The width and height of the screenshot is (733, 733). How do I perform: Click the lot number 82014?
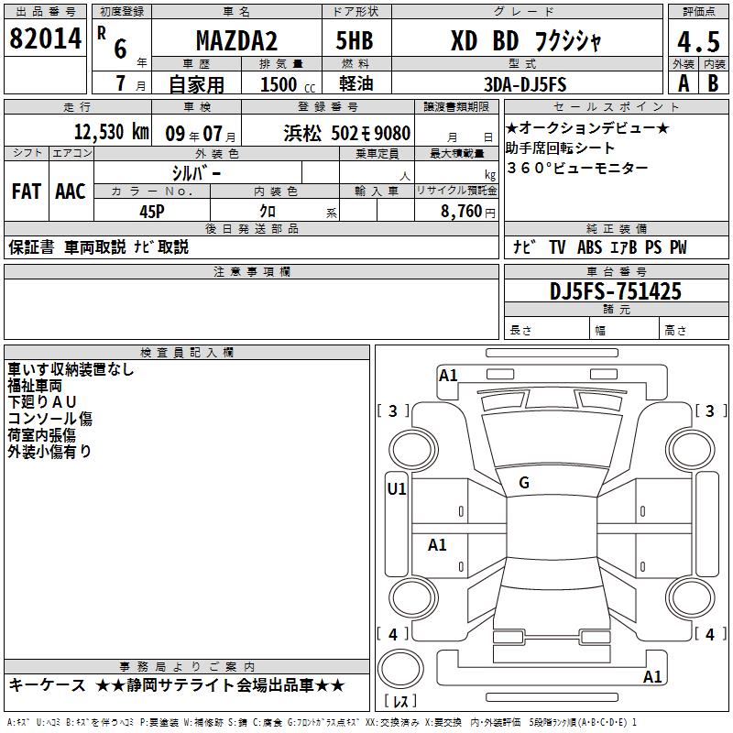[x=45, y=38]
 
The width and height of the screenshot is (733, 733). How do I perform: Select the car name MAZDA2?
[x=236, y=40]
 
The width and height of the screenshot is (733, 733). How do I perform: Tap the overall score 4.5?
[x=698, y=42]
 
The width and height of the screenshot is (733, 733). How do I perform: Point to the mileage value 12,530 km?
[x=112, y=132]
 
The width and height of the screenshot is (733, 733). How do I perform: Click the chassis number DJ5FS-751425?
[x=615, y=291]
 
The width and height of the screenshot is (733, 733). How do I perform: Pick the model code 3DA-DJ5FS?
[x=525, y=84]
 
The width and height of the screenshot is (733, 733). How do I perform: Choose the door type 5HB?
[x=355, y=40]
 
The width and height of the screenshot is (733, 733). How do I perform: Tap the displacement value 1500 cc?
[x=288, y=84]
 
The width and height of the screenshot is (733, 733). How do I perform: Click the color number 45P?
[x=152, y=212]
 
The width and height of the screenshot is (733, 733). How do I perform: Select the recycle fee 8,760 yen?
[x=468, y=212]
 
